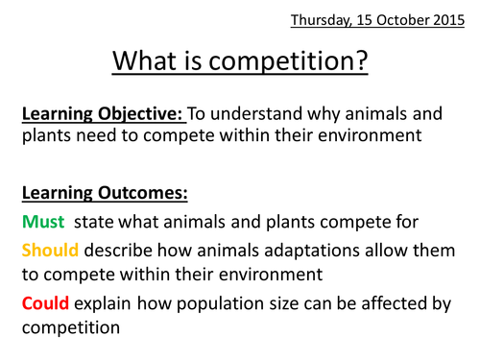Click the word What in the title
tap(152, 61)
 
